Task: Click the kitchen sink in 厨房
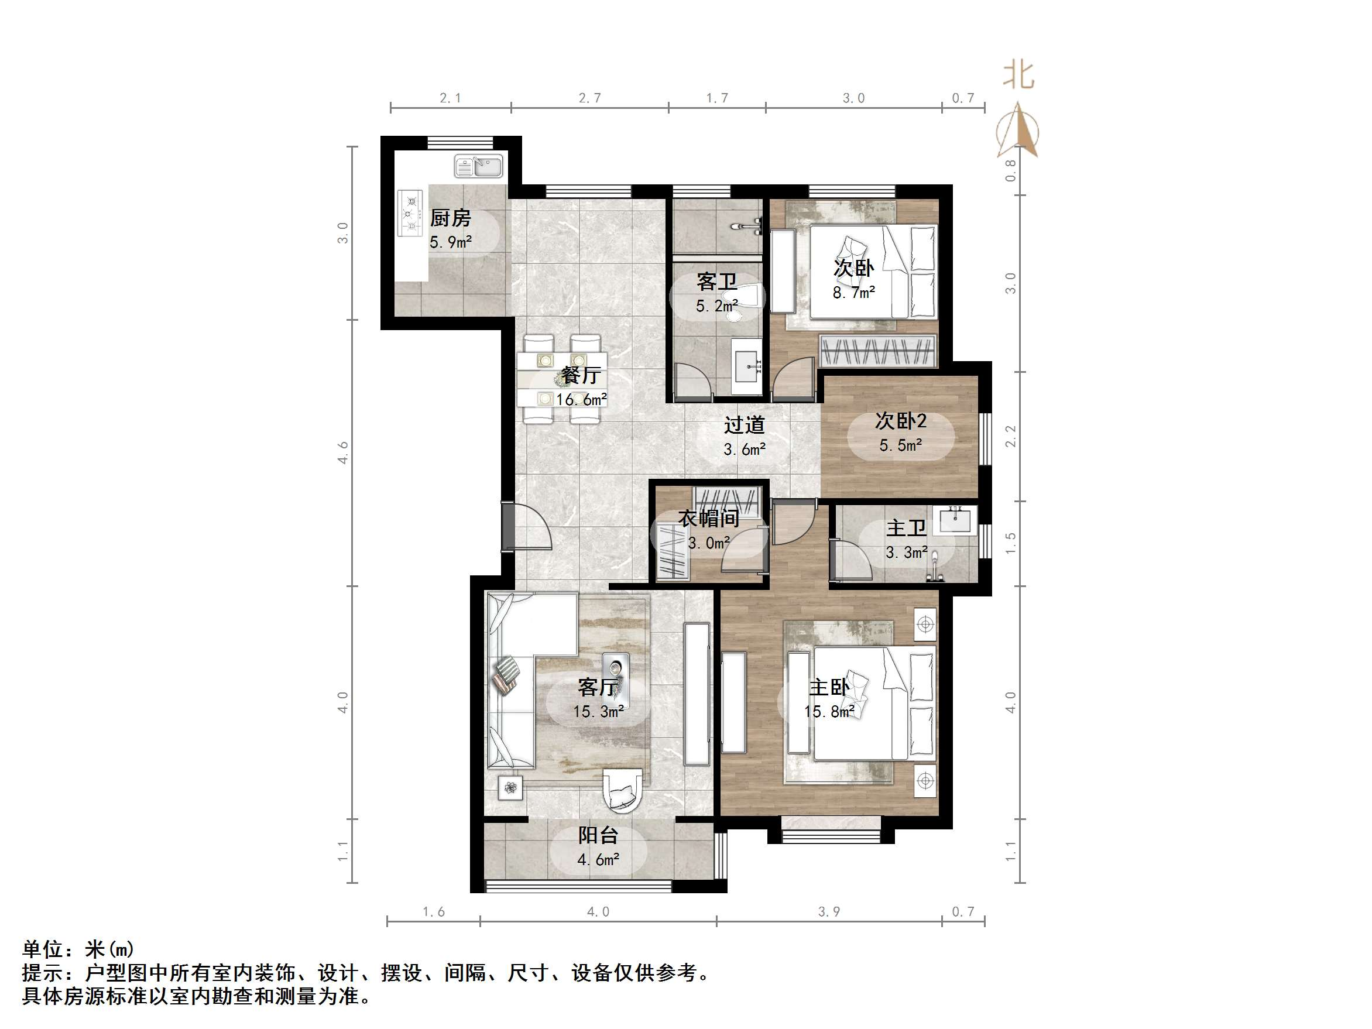point(478,166)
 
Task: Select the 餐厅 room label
point(581,375)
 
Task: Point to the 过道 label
point(745,426)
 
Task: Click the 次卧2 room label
point(901,421)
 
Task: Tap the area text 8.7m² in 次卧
point(853,293)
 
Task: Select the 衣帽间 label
point(708,519)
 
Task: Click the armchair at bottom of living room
point(622,791)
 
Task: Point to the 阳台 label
point(598,835)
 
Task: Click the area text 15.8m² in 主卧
point(829,711)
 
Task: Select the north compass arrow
point(1018,131)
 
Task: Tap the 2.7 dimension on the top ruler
point(590,98)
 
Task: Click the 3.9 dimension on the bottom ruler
point(829,912)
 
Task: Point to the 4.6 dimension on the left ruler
point(343,453)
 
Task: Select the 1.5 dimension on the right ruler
point(1010,543)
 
